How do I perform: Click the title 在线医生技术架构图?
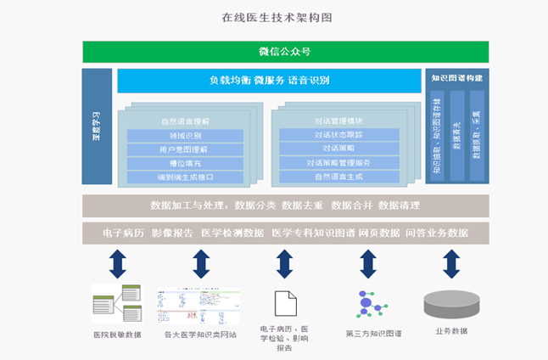pos(273,17)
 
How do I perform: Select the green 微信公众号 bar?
pos(272,52)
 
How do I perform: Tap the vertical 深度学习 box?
pos(97,127)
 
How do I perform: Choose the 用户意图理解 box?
pos(185,149)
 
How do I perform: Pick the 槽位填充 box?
pos(185,163)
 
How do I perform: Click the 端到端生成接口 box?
pos(185,177)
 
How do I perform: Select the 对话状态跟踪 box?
pos(338,135)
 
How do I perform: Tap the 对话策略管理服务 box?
pos(338,162)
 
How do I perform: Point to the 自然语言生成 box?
pos(338,176)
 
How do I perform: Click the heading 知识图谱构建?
pos(456,78)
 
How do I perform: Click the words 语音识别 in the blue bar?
pos(309,81)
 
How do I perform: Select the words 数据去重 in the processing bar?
pos(303,205)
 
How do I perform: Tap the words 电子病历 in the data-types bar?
pos(122,233)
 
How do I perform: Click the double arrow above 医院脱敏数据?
pos(118,264)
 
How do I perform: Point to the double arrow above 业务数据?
pos(451,264)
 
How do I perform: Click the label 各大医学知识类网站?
pos(201,335)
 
